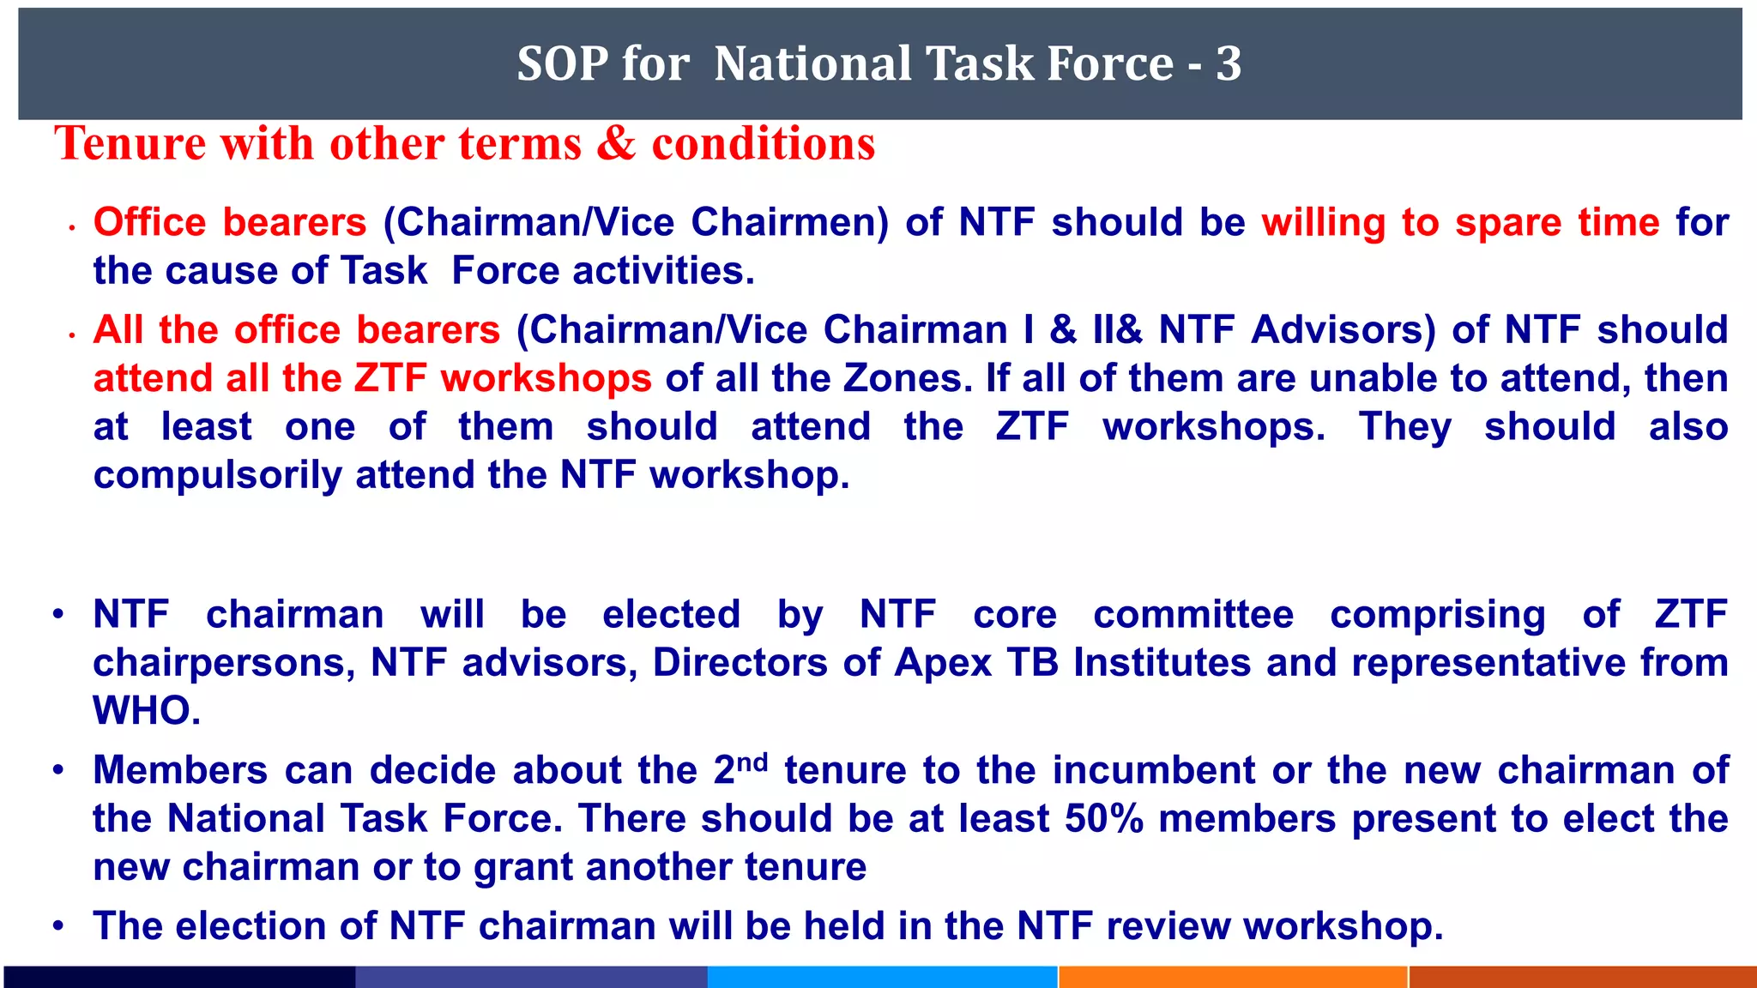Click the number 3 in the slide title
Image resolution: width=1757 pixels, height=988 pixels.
(x=1229, y=64)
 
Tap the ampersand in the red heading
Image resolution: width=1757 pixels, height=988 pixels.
(x=616, y=143)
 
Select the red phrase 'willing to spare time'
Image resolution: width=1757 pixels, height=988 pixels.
(x=1460, y=223)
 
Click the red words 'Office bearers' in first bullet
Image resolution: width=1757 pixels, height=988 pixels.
(x=230, y=223)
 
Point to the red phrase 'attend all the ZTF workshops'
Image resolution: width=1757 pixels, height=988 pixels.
(x=372, y=378)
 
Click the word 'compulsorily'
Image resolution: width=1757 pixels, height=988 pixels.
(x=217, y=475)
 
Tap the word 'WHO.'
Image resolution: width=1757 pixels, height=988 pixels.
(x=147, y=711)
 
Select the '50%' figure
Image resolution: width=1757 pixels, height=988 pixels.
(x=1104, y=819)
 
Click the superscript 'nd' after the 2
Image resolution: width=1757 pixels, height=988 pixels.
(x=752, y=761)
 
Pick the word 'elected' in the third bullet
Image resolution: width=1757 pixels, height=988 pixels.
(x=671, y=615)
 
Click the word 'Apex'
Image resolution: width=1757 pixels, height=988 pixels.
(x=943, y=663)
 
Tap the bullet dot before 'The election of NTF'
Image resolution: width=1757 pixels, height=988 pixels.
(x=58, y=926)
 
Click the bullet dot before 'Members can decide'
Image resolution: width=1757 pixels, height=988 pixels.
(x=58, y=770)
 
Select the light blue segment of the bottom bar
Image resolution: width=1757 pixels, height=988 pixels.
(x=882, y=977)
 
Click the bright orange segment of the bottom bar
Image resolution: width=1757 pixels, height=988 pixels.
(x=1233, y=977)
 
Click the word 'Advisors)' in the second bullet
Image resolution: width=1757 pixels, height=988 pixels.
(x=1343, y=330)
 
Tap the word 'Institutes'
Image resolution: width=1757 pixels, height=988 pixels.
(x=1162, y=663)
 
